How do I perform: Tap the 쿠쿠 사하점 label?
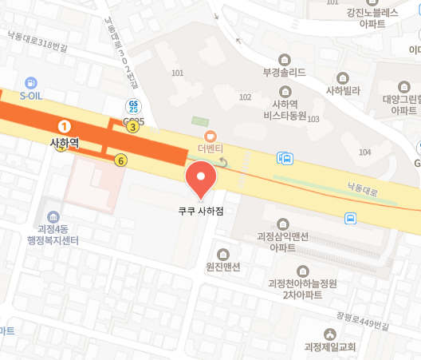pyautogui.click(x=200, y=213)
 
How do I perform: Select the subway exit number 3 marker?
pyautogui.click(x=132, y=126)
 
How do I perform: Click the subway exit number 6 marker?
pyautogui.click(x=120, y=160)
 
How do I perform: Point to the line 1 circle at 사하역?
pyautogui.click(x=65, y=126)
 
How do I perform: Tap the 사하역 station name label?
pyautogui.click(x=65, y=143)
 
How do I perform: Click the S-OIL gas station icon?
pyautogui.click(x=31, y=82)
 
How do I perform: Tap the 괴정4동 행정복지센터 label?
pyautogui.click(x=53, y=232)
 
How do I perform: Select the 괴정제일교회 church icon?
pyautogui.click(x=330, y=334)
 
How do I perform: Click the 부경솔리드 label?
pyautogui.click(x=285, y=72)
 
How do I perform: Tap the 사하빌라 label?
pyautogui.click(x=343, y=91)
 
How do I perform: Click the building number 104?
pyautogui.click(x=365, y=152)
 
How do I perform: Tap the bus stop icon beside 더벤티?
pyautogui.click(x=285, y=158)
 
